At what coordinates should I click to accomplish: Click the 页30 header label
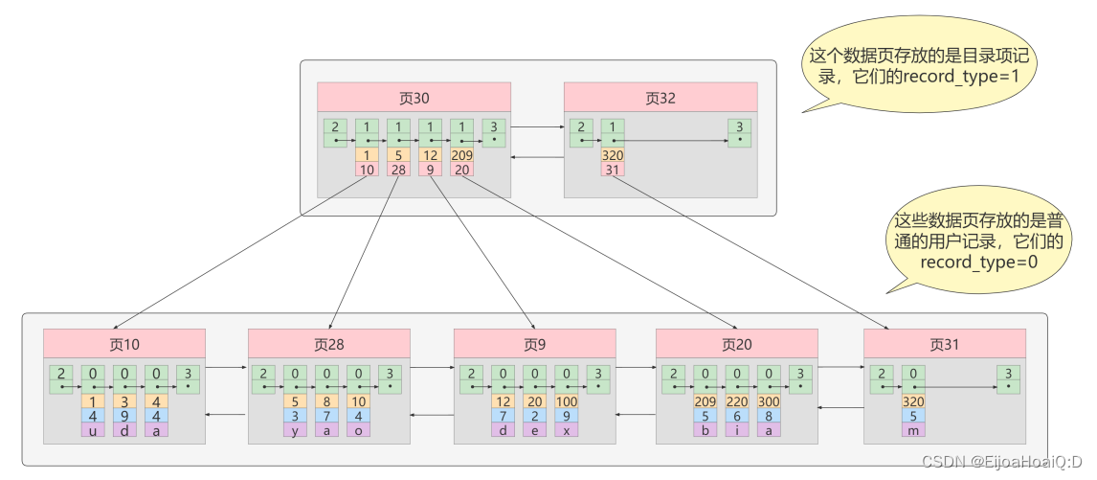(x=413, y=97)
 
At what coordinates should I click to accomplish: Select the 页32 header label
(x=660, y=97)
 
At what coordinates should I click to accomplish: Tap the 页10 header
(x=124, y=344)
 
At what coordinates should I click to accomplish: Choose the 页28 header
(x=329, y=344)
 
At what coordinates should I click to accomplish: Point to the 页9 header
(x=534, y=344)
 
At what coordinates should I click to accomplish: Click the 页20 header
(x=736, y=344)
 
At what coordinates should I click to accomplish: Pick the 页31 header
(x=944, y=344)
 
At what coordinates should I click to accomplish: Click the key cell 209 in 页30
(x=462, y=155)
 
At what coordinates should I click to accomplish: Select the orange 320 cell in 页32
(x=613, y=155)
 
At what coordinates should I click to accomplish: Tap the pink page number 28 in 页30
(x=398, y=170)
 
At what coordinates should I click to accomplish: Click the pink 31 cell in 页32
(x=613, y=170)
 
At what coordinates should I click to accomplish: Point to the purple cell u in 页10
(x=93, y=430)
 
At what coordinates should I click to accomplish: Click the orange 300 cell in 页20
(x=769, y=401)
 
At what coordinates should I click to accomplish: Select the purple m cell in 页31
(x=913, y=430)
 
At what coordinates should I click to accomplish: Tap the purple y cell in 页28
(x=296, y=430)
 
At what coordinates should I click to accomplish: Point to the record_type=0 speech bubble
(x=977, y=240)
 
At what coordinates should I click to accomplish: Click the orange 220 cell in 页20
(x=737, y=401)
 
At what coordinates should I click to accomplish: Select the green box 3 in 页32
(x=737, y=133)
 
